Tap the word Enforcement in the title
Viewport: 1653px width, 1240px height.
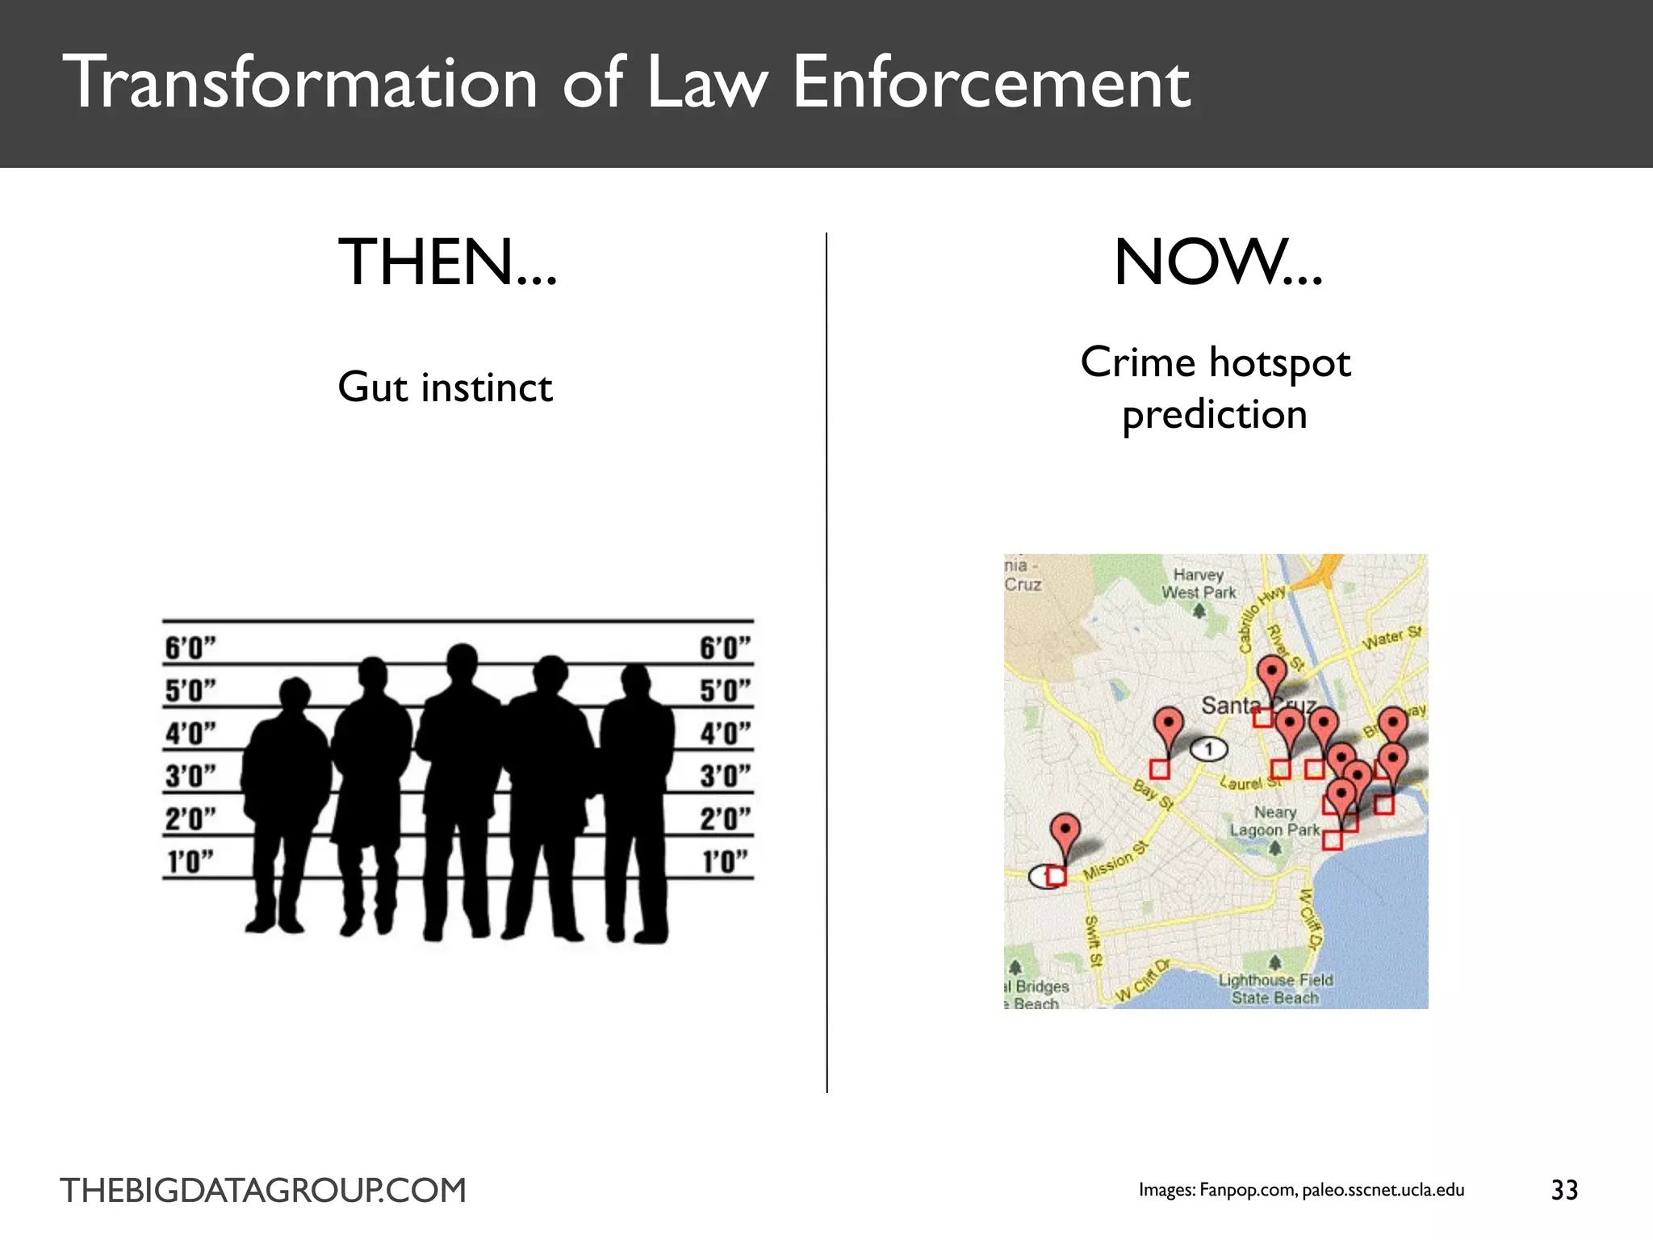(991, 82)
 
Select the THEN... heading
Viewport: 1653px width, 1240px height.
(448, 262)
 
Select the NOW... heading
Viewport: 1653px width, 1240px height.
(1218, 262)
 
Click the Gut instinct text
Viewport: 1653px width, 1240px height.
(445, 387)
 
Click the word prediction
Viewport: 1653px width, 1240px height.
(1215, 415)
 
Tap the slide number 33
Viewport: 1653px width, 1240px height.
(1564, 1190)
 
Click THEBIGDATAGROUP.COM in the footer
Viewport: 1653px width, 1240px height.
(263, 1191)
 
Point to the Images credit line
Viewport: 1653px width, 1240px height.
(1301, 1190)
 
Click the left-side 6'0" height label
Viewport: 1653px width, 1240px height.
(190, 648)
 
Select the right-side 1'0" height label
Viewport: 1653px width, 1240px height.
(725, 861)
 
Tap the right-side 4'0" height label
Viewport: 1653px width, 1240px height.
(725, 734)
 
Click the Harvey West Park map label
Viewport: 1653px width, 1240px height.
(1199, 584)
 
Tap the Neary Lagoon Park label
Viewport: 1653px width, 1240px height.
(1275, 821)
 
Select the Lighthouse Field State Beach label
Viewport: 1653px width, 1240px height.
(1275, 989)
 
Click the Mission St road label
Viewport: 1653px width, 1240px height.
(1115, 861)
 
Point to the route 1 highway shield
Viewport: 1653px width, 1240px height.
(1208, 750)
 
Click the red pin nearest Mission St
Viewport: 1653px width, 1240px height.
(1066, 832)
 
